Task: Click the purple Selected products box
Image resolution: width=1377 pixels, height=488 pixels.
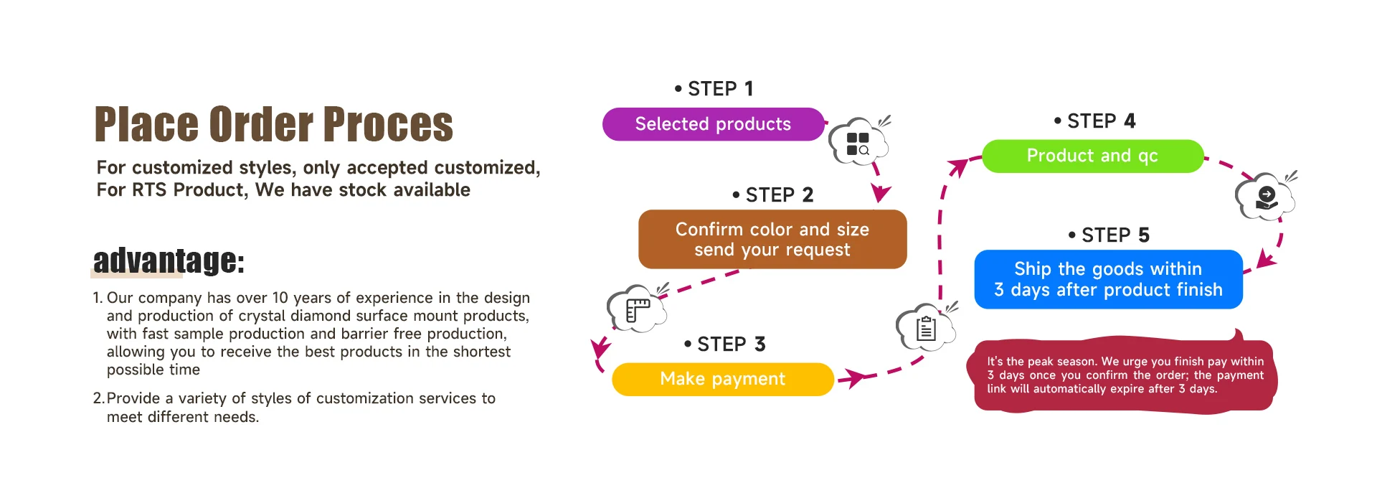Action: click(x=714, y=124)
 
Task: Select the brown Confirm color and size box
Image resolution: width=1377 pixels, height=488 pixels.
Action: click(x=772, y=239)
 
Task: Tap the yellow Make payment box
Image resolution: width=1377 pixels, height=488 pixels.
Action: click(x=723, y=379)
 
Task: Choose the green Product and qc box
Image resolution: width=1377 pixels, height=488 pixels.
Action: click(x=1092, y=156)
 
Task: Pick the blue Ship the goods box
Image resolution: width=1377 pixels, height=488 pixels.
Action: click(x=1108, y=279)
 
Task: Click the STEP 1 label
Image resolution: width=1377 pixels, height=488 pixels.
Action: click(x=714, y=88)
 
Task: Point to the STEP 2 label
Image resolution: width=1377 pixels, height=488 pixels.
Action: click(x=772, y=194)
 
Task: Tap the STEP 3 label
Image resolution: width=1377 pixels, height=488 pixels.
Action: click(x=724, y=344)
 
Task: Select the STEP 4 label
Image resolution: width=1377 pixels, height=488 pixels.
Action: click(x=1094, y=121)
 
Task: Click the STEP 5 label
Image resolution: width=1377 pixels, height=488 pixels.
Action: click(x=1109, y=235)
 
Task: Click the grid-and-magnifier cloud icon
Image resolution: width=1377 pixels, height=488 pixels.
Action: click(x=859, y=141)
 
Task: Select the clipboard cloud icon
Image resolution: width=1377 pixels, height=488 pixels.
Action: click(x=927, y=327)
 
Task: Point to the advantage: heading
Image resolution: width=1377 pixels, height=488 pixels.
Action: click(x=169, y=260)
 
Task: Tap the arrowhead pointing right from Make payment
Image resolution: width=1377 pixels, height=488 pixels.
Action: click(x=853, y=377)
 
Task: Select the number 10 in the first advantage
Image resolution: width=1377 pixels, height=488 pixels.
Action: click(x=280, y=297)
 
